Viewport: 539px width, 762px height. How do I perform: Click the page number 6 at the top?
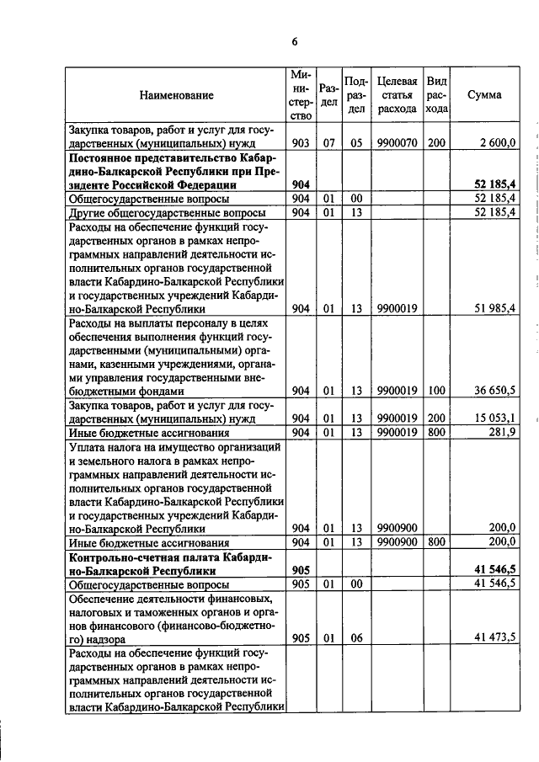pos(295,41)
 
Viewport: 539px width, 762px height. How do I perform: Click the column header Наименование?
pos(176,95)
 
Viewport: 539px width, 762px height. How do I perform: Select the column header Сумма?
pos(484,95)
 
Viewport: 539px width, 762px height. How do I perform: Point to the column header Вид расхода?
pos(436,95)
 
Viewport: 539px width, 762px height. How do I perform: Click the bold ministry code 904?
pos(301,184)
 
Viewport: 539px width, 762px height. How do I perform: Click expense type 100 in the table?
pos(436,392)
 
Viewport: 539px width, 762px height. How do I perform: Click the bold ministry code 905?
pos(301,570)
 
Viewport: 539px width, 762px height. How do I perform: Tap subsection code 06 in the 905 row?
pos(356,638)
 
